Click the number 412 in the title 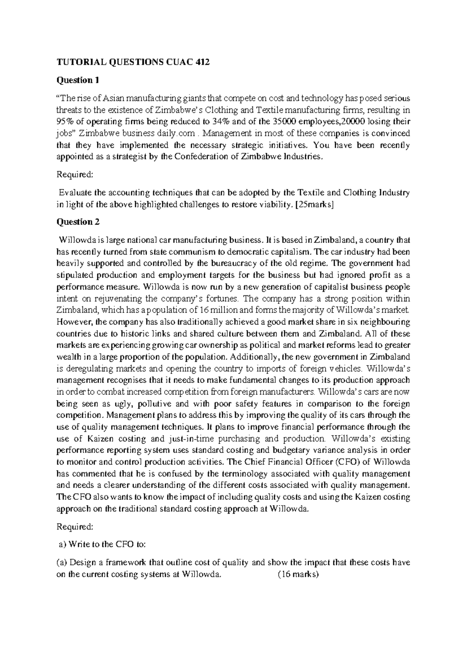201,62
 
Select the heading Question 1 78,80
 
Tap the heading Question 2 78,222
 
